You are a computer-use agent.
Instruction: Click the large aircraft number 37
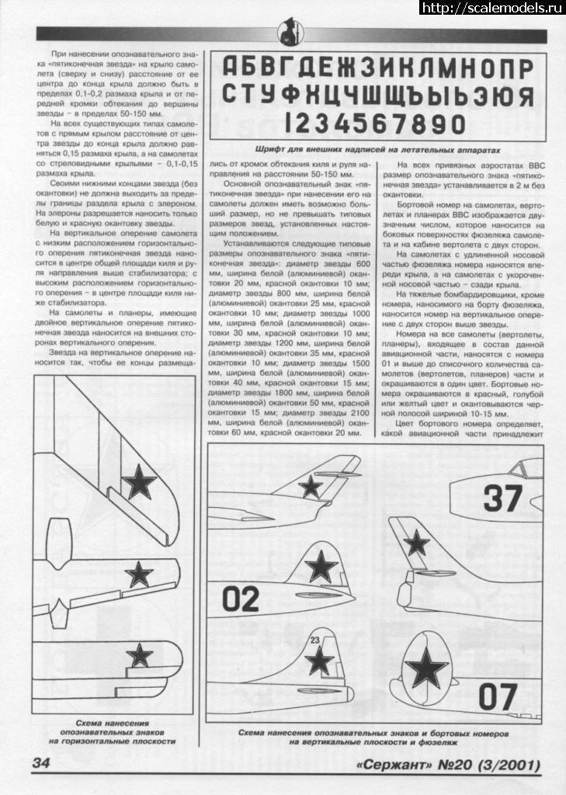tap(503, 498)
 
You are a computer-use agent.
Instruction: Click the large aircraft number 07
tap(498, 696)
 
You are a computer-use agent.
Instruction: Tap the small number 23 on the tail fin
tap(314, 640)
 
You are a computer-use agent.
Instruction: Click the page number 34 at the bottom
tap(41, 765)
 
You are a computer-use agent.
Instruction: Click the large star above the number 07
tap(428, 668)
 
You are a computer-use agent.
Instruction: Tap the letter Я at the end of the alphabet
tap(526, 95)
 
